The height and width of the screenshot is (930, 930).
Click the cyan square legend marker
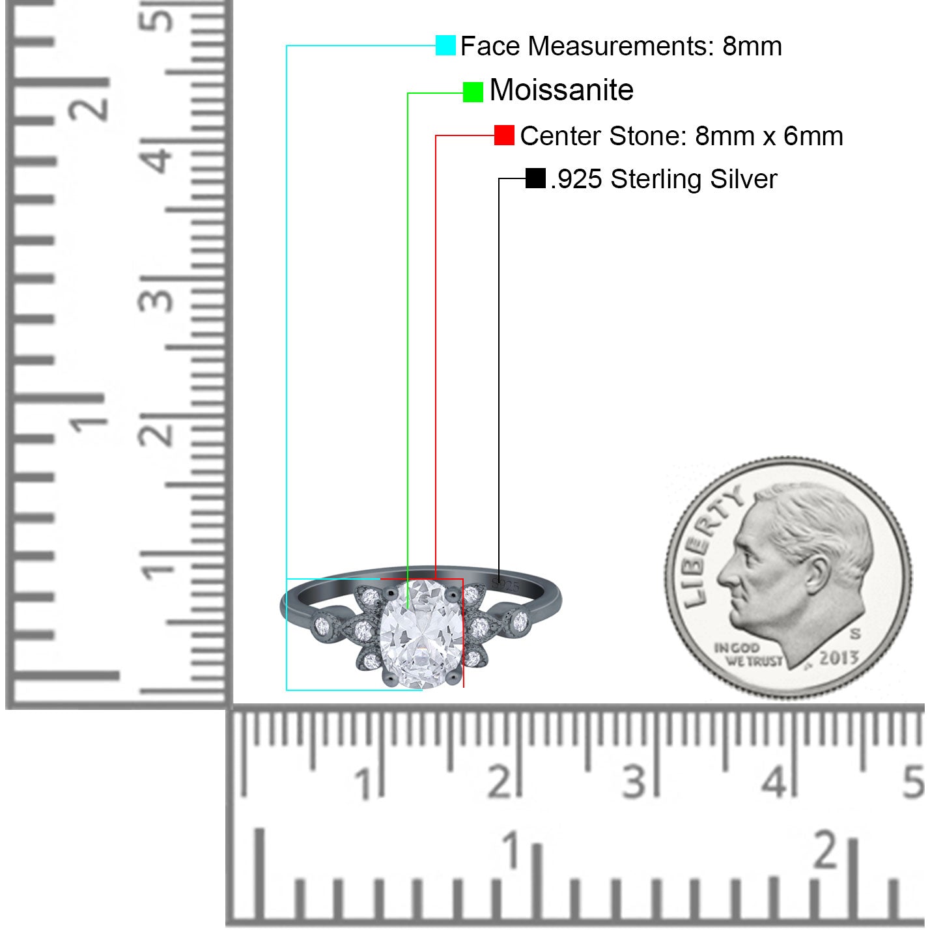tap(445, 46)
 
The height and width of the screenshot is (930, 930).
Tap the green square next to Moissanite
tap(472, 92)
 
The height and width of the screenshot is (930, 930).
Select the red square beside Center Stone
tap(504, 135)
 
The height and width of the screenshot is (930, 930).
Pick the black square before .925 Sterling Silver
tap(535, 178)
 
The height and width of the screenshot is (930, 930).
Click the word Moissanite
tap(561, 91)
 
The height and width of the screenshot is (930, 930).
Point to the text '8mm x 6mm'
tap(768, 136)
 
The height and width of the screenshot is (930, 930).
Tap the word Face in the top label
tap(490, 46)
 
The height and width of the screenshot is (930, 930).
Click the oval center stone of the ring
tap(421, 634)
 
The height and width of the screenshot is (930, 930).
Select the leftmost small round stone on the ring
tap(322, 627)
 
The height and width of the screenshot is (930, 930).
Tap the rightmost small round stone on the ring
tap(520, 621)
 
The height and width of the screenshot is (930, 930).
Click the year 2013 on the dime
tap(838, 657)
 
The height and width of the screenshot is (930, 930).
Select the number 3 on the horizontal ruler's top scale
tap(634, 782)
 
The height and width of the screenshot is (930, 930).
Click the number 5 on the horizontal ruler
tap(913, 782)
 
